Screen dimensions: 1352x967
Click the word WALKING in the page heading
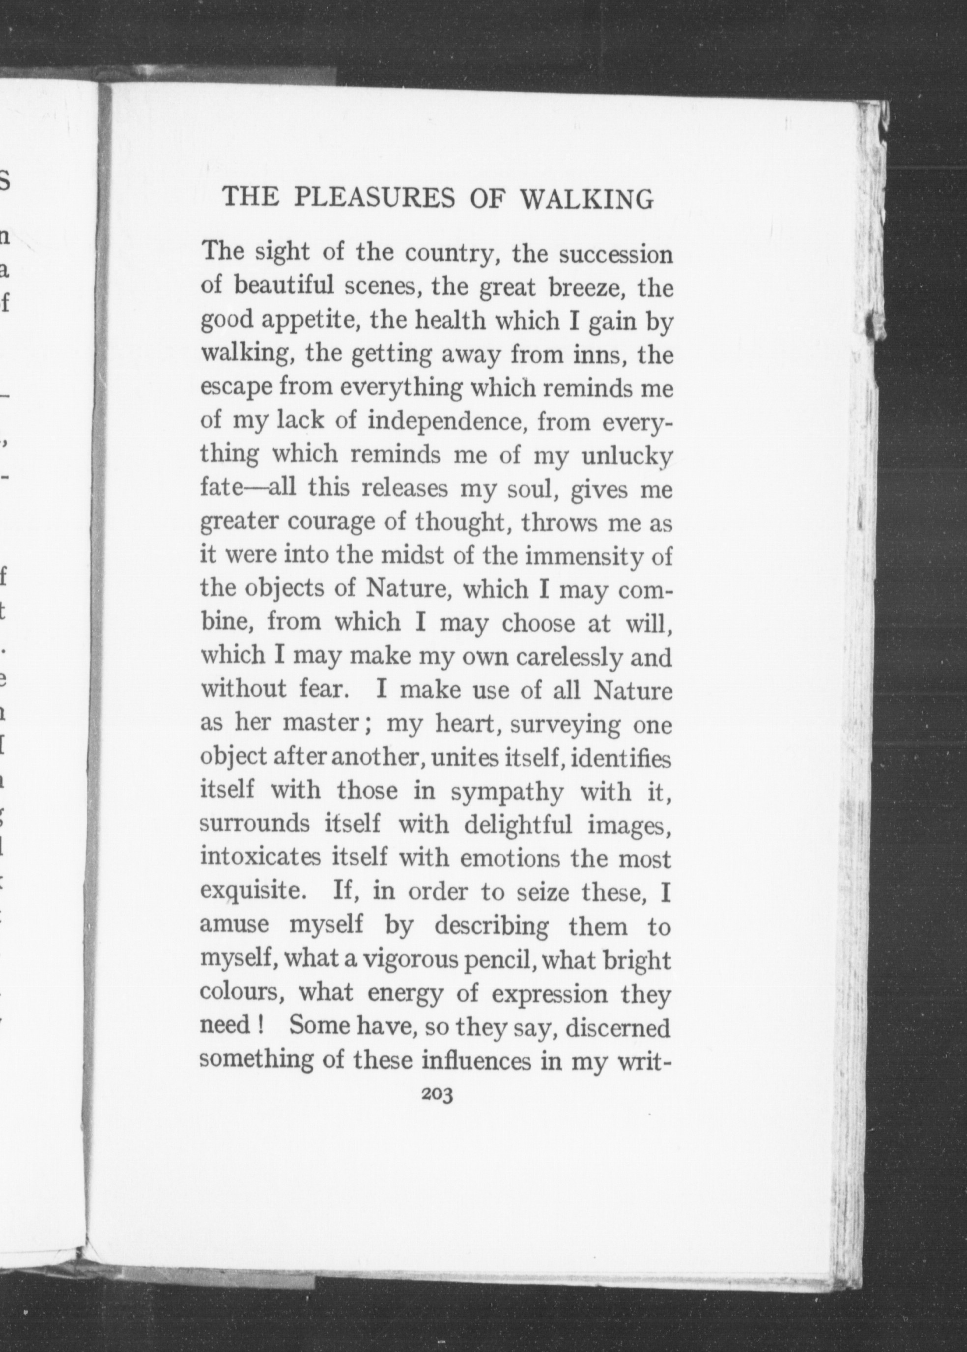[587, 198]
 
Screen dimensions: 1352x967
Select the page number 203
[437, 1094]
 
